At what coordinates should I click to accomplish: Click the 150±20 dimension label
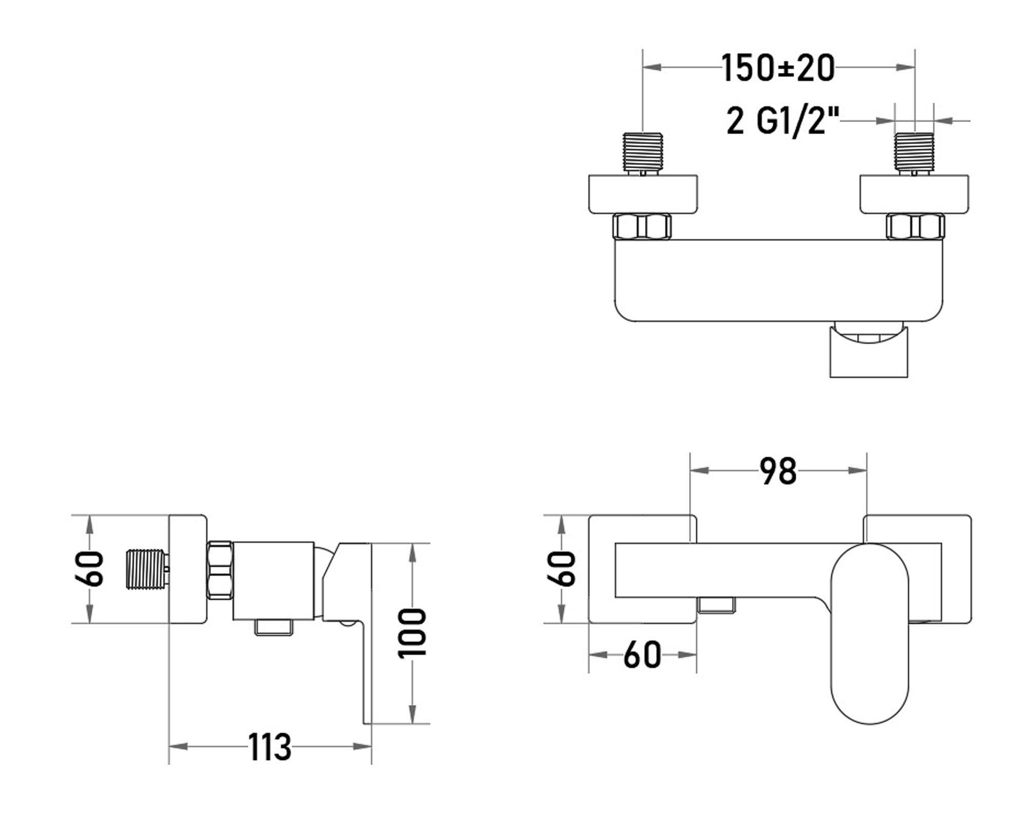coord(778,68)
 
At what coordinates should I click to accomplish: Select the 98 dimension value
coord(778,471)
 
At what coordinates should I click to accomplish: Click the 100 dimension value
coord(412,633)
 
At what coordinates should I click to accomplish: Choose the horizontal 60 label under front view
coord(642,655)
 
